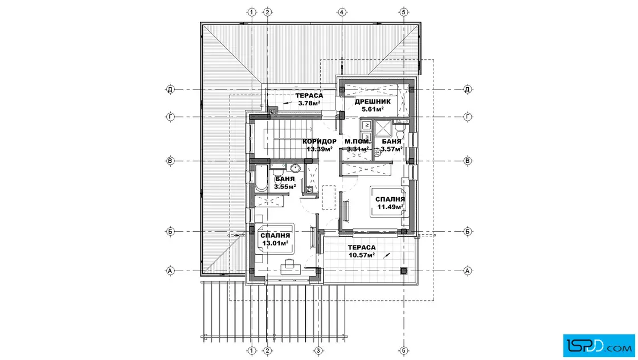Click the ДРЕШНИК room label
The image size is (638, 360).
coord(373,102)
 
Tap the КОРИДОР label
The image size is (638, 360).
coord(320,142)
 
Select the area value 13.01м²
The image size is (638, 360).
coord(276,243)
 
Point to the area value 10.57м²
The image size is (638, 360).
coord(362,255)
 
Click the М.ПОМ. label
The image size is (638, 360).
coord(358,142)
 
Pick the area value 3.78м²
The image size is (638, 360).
coord(309,103)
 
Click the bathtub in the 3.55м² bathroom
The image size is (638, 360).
coord(261,178)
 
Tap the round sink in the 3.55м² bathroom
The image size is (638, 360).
coord(296,168)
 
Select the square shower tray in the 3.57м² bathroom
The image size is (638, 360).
coord(383,129)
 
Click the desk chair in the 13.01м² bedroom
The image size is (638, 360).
coord(290,263)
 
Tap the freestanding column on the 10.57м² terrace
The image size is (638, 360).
coord(404,271)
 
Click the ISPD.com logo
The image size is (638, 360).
coord(599,346)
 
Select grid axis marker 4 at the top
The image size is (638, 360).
coord(342,12)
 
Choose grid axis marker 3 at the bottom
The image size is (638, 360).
coord(318,351)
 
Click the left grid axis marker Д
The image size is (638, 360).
coord(170,89)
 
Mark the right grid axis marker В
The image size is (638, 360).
coord(468,161)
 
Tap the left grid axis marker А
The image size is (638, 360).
coord(170,271)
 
